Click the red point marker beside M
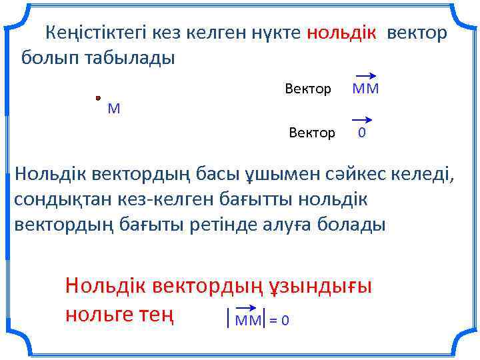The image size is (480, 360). tap(98, 97)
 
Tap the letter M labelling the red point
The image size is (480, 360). tap(114, 109)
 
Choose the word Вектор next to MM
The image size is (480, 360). tap(308, 89)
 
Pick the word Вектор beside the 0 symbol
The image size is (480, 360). tap(312, 133)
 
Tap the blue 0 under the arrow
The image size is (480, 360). tap(361, 133)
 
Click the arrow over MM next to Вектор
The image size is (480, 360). tap(365, 76)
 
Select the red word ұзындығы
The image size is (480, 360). tap(320, 286)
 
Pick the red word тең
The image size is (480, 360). tap(155, 313)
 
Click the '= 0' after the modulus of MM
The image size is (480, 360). tap(280, 321)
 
